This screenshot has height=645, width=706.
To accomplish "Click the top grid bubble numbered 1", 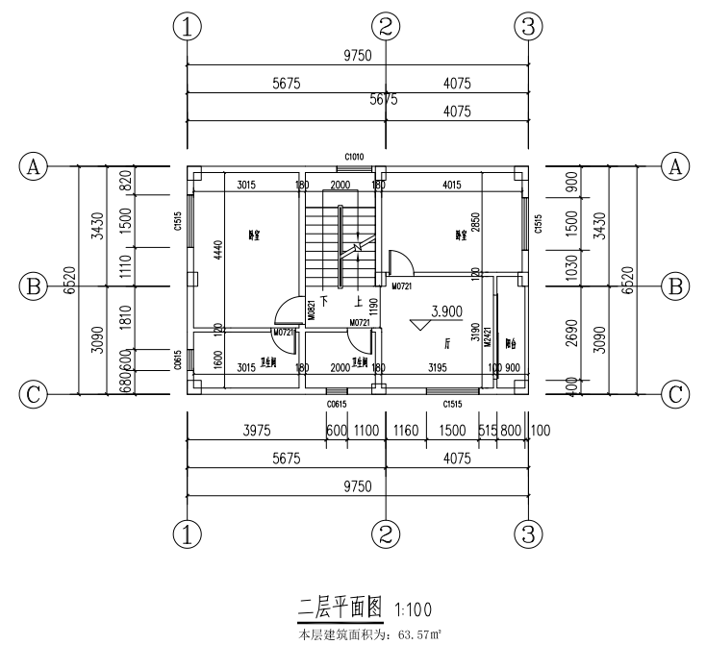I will (187, 27).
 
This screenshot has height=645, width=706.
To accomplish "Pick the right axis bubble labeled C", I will (676, 394).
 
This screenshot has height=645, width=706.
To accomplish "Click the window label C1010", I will (354, 156).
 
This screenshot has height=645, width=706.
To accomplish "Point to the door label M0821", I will (312, 309).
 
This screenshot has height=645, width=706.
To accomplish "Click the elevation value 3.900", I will (449, 311).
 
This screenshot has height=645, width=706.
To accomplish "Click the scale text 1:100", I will (412, 608).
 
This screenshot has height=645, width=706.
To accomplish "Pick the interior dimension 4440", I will (217, 250).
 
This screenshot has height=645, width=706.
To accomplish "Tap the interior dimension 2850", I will (475, 225).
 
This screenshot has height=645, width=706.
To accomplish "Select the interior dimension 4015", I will (447, 186).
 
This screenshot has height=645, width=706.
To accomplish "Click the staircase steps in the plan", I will (323, 236).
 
